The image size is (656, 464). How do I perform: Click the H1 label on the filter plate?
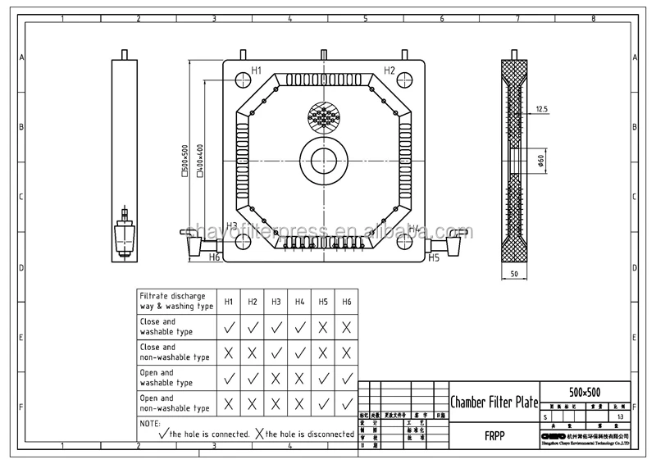(x=256, y=71)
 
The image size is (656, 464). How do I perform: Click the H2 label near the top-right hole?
(x=389, y=71)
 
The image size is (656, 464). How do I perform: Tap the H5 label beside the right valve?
(x=434, y=257)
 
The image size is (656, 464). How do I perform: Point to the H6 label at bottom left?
(x=214, y=257)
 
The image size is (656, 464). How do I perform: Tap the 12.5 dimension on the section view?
(x=541, y=109)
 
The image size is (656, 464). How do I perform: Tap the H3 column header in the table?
(x=276, y=302)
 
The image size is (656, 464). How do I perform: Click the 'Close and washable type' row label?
(x=168, y=327)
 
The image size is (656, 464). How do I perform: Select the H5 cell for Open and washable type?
(x=324, y=378)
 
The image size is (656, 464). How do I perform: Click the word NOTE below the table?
(x=149, y=423)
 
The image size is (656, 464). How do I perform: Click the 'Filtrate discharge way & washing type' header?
(x=174, y=300)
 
